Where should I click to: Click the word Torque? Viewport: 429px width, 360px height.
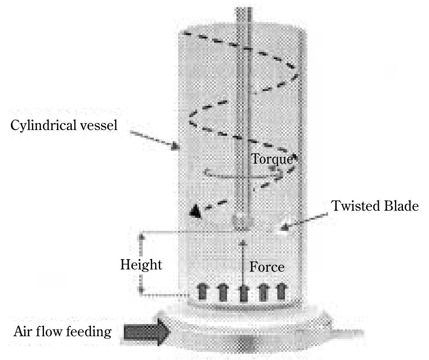(x=272, y=159)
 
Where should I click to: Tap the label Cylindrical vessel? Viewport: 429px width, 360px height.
(x=64, y=125)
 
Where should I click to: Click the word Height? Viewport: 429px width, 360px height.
(x=141, y=265)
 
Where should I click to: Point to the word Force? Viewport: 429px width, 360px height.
(x=267, y=267)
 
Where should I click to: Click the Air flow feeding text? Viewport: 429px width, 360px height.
(x=63, y=332)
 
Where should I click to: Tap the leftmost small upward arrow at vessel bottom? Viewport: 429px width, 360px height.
(x=202, y=292)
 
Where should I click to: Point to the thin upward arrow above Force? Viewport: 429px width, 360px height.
(x=243, y=260)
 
